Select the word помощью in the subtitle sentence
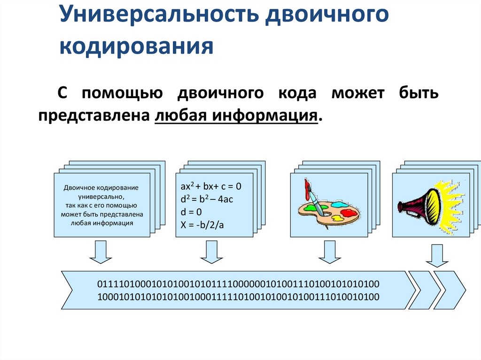click(123, 93)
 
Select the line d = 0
click(191, 212)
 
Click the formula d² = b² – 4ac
click(207, 199)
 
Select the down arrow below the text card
click(101, 252)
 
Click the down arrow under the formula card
click(211, 252)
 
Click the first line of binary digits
click(238, 284)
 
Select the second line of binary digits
click(238, 297)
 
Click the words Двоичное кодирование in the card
click(101, 187)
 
